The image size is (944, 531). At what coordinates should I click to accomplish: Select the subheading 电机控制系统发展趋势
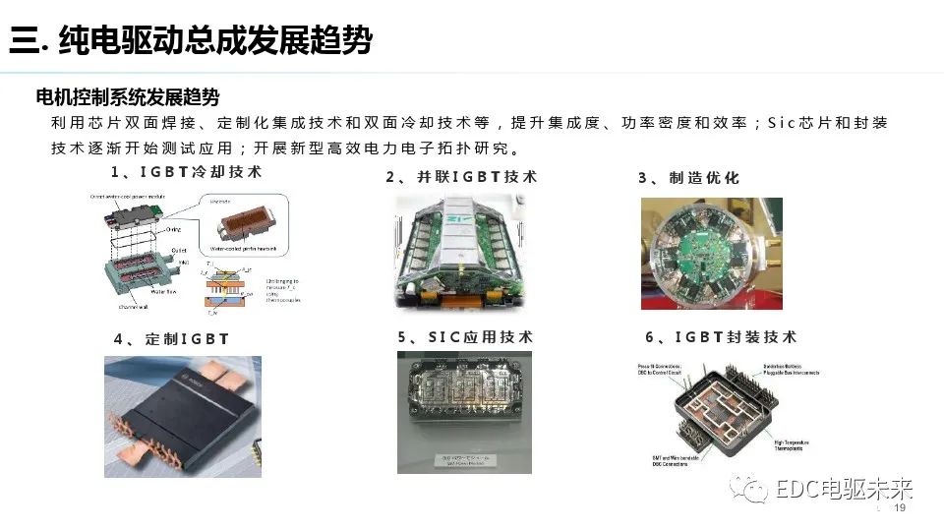[x=127, y=97]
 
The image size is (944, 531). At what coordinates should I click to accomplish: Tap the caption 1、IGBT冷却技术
[x=186, y=172]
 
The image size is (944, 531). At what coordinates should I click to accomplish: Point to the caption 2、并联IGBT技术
[x=461, y=177]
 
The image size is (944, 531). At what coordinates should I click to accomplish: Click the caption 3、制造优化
[x=688, y=178]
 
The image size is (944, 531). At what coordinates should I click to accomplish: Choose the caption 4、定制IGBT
[x=171, y=339]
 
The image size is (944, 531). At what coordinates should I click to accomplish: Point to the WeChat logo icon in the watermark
[x=755, y=489]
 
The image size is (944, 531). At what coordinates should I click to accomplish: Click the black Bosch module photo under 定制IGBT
[x=183, y=416]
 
